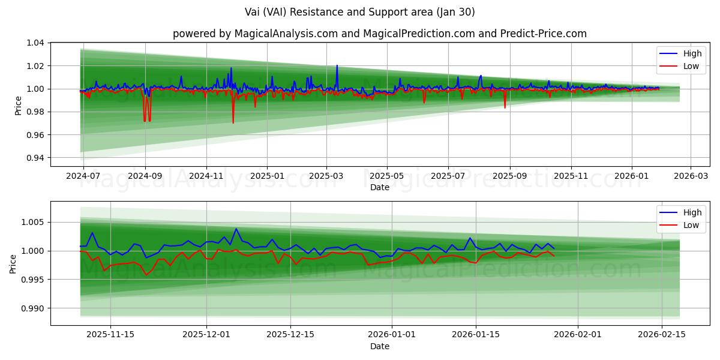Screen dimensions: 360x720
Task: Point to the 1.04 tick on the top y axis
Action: point(35,43)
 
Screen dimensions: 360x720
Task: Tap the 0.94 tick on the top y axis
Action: point(35,158)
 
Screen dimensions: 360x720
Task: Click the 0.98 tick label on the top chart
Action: point(35,112)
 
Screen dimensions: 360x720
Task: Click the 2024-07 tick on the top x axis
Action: point(83,177)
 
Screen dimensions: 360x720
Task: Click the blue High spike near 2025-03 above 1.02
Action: point(337,65)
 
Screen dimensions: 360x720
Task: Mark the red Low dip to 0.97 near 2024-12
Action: point(233,122)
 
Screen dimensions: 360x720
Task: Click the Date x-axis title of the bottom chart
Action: point(379,346)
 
